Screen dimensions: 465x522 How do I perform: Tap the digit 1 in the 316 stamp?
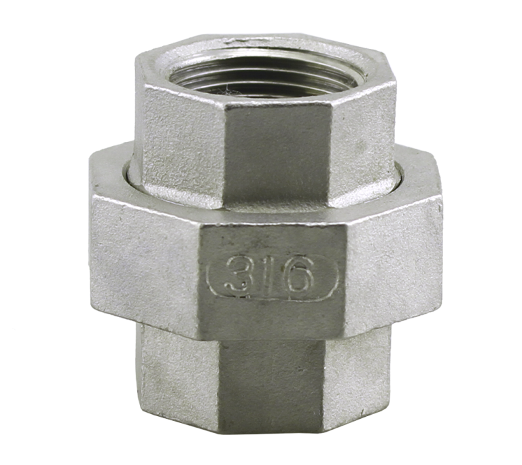(271, 275)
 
